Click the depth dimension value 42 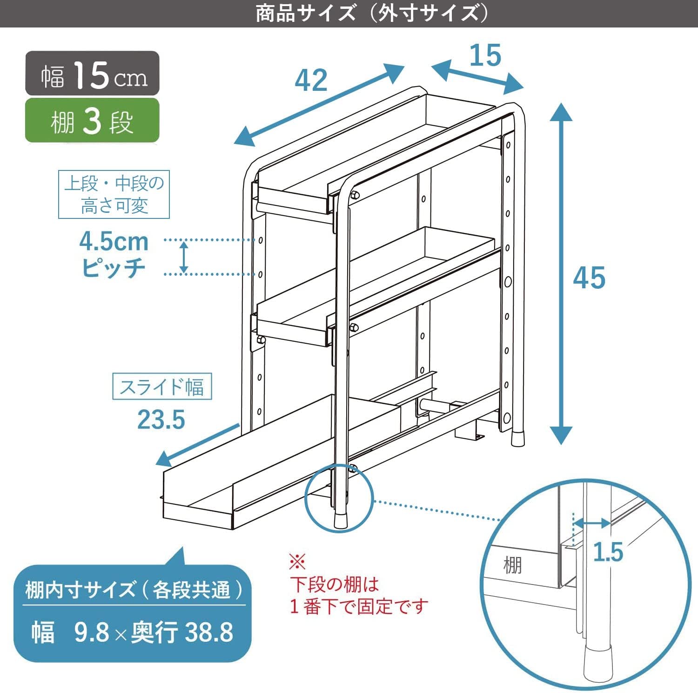[311, 80]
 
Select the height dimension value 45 [589, 278]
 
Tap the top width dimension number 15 [485, 55]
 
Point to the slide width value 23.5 [161, 420]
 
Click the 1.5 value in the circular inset [608, 552]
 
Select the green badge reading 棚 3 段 [92, 121]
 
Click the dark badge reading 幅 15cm [92, 74]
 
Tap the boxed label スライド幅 [162, 386]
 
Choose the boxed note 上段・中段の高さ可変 [114, 194]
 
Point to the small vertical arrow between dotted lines [184, 257]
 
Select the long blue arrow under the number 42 [319, 106]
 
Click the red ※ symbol [297, 562]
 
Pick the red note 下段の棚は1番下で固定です [358, 595]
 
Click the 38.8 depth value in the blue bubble [209, 632]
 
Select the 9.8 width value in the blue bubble [92, 632]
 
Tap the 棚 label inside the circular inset [512, 565]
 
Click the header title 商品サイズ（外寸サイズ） [372, 13]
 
